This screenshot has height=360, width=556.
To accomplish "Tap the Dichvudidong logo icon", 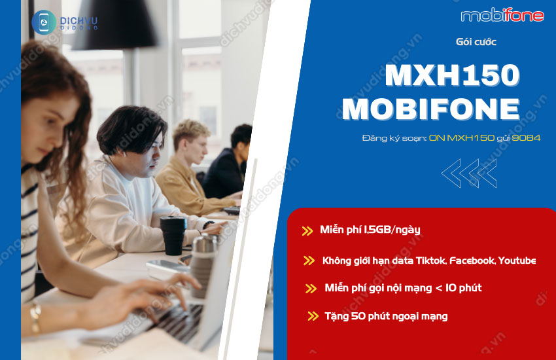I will (43, 22).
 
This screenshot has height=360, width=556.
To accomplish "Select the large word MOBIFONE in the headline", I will (431, 109).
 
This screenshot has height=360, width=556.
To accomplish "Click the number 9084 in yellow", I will (527, 138).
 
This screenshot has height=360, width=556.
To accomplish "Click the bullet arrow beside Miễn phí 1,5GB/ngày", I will (307, 230).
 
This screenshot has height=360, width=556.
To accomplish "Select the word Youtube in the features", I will (517, 261).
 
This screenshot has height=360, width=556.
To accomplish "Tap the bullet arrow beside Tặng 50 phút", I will (313, 316).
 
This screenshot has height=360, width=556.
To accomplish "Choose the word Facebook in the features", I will (472, 261).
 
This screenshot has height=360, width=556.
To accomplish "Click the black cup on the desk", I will (173, 236).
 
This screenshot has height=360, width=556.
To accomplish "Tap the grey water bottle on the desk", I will (203, 264).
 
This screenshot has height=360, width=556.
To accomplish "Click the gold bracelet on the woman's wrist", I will (35, 319).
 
